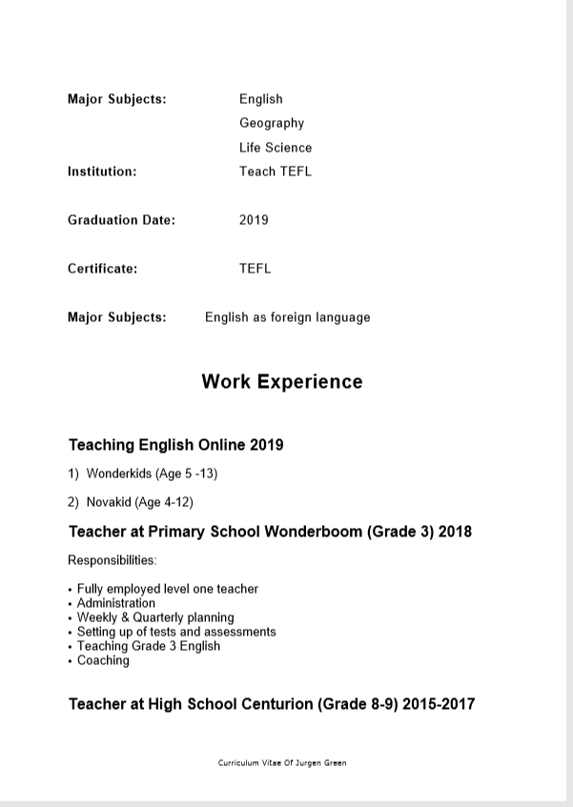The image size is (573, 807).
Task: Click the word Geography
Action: [272, 123]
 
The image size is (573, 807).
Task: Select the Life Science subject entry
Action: [276, 148]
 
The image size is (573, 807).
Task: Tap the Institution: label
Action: [102, 171]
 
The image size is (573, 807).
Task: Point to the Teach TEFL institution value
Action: [276, 171]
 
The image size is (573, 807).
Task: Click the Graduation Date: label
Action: [121, 220]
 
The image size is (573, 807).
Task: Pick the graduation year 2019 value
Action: [254, 220]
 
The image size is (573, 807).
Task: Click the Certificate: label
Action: [102, 269]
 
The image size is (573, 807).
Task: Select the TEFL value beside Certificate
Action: [255, 269]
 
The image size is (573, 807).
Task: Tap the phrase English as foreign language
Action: [287, 317]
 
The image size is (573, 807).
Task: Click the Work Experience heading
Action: [282, 382]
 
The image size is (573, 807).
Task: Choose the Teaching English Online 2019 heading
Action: [175, 445]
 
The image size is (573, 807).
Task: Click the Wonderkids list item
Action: [152, 473]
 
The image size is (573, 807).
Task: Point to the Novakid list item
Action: [139, 502]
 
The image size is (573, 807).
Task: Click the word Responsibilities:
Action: [113, 560]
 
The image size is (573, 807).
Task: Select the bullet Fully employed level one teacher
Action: [167, 589]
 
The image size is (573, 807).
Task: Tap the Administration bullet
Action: [115, 603]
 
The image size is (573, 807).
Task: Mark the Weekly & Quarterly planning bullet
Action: [154, 617]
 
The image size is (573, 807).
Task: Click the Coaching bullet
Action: [103, 660]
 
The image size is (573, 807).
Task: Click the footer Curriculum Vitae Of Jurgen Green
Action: [282, 763]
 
